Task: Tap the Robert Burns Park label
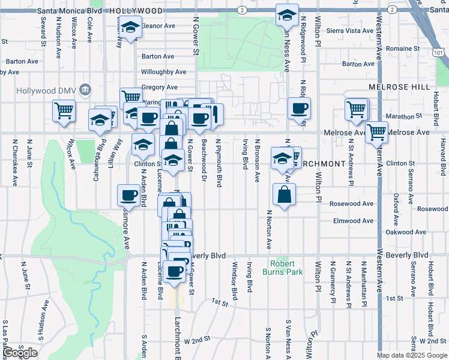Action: [x=282, y=268]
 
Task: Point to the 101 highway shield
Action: [x=439, y=53]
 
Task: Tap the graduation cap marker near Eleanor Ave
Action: [x=129, y=27]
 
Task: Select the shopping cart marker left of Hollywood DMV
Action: [x=64, y=110]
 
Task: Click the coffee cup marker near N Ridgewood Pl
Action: [x=299, y=108]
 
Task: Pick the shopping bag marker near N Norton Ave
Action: [x=284, y=194]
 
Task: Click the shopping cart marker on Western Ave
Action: [x=376, y=131]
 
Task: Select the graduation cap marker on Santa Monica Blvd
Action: [x=288, y=14]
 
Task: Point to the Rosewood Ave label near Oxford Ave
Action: [x=432, y=209]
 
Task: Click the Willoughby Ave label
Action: [x=164, y=72]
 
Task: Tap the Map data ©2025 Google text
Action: [x=412, y=355]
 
